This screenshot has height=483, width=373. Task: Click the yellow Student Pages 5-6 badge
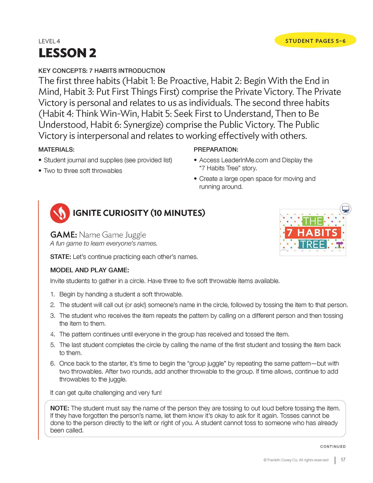[x=315, y=41]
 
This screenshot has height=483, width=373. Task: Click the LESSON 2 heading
[x=67, y=53]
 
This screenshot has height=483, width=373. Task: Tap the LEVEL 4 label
[x=49, y=41]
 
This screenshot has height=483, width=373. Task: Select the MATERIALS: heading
[x=56, y=150]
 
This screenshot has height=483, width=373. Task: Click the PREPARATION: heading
[x=216, y=150]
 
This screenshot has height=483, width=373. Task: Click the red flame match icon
[x=60, y=213]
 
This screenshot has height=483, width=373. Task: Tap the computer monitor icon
[x=345, y=209]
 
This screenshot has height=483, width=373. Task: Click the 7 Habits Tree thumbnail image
[x=313, y=233]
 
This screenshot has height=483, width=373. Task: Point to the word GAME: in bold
[x=64, y=235]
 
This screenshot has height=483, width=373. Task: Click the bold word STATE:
[x=60, y=257]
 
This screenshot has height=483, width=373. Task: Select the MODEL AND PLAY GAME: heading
[x=90, y=270]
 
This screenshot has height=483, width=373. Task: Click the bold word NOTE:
[x=60, y=408]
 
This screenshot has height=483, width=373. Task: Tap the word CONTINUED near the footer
[x=333, y=447]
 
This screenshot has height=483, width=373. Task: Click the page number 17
[x=343, y=460]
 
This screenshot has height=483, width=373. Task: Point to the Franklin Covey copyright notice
[x=296, y=460]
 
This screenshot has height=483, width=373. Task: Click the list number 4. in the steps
[x=53, y=334]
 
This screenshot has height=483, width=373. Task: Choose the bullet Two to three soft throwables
[x=83, y=171]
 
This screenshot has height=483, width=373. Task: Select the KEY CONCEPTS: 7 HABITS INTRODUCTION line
[x=101, y=71]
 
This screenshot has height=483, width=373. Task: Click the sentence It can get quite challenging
[x=106, y=393]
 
